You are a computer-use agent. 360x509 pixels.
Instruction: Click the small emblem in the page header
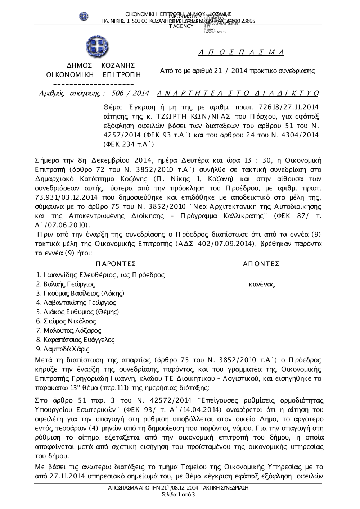point(84,16)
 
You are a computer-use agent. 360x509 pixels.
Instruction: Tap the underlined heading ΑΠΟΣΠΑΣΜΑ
point(242,53)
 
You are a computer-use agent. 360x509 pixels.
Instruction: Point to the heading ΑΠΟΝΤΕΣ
point(261,264)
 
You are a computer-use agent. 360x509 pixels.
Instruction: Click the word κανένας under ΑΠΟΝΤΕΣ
point(262,285)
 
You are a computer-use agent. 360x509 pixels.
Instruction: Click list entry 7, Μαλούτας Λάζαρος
point(68,330)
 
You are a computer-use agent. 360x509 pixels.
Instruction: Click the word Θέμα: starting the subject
point(113,107)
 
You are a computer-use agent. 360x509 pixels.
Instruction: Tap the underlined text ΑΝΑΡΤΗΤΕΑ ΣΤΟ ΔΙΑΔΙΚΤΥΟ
point(238,94)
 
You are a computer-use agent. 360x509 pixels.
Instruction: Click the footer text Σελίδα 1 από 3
point(178,495)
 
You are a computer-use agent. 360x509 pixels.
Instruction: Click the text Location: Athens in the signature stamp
point(215,32)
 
